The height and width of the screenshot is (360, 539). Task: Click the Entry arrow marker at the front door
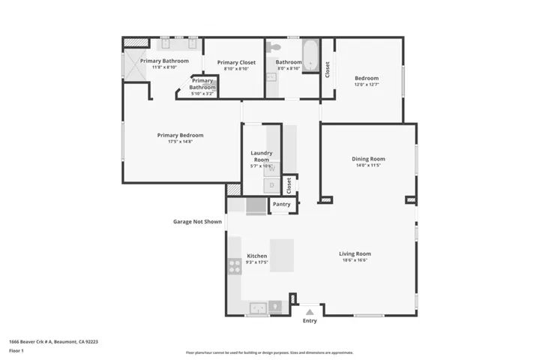point(310,312)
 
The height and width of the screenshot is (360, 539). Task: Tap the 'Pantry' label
point(281,204)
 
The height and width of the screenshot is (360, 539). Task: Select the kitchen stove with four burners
point(235,263)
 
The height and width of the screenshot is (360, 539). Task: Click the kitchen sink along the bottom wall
point(257,307)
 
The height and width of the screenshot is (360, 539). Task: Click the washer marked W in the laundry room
point(272,169)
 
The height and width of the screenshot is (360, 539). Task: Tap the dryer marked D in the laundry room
point(272,183)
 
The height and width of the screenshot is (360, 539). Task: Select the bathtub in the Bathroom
point(310,58)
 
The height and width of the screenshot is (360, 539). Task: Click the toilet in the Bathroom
point(276,48)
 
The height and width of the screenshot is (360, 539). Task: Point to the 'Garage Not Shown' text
point(197,221)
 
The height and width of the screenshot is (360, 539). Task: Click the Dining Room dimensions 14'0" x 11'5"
point(368,165)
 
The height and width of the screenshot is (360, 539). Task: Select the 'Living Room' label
point(355,253)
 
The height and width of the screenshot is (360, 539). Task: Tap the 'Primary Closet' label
point(236,62)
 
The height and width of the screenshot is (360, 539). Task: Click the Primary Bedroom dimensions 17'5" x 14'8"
point(180,142)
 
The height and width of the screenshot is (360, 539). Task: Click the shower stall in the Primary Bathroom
point(134,64)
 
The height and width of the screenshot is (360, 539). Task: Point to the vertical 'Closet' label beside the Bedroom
point(327,68)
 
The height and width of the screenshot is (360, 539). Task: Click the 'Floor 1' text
point(16,350)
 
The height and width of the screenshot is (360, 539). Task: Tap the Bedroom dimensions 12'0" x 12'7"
point(367,84)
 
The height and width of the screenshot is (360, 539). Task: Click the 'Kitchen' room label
point(257,256)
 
